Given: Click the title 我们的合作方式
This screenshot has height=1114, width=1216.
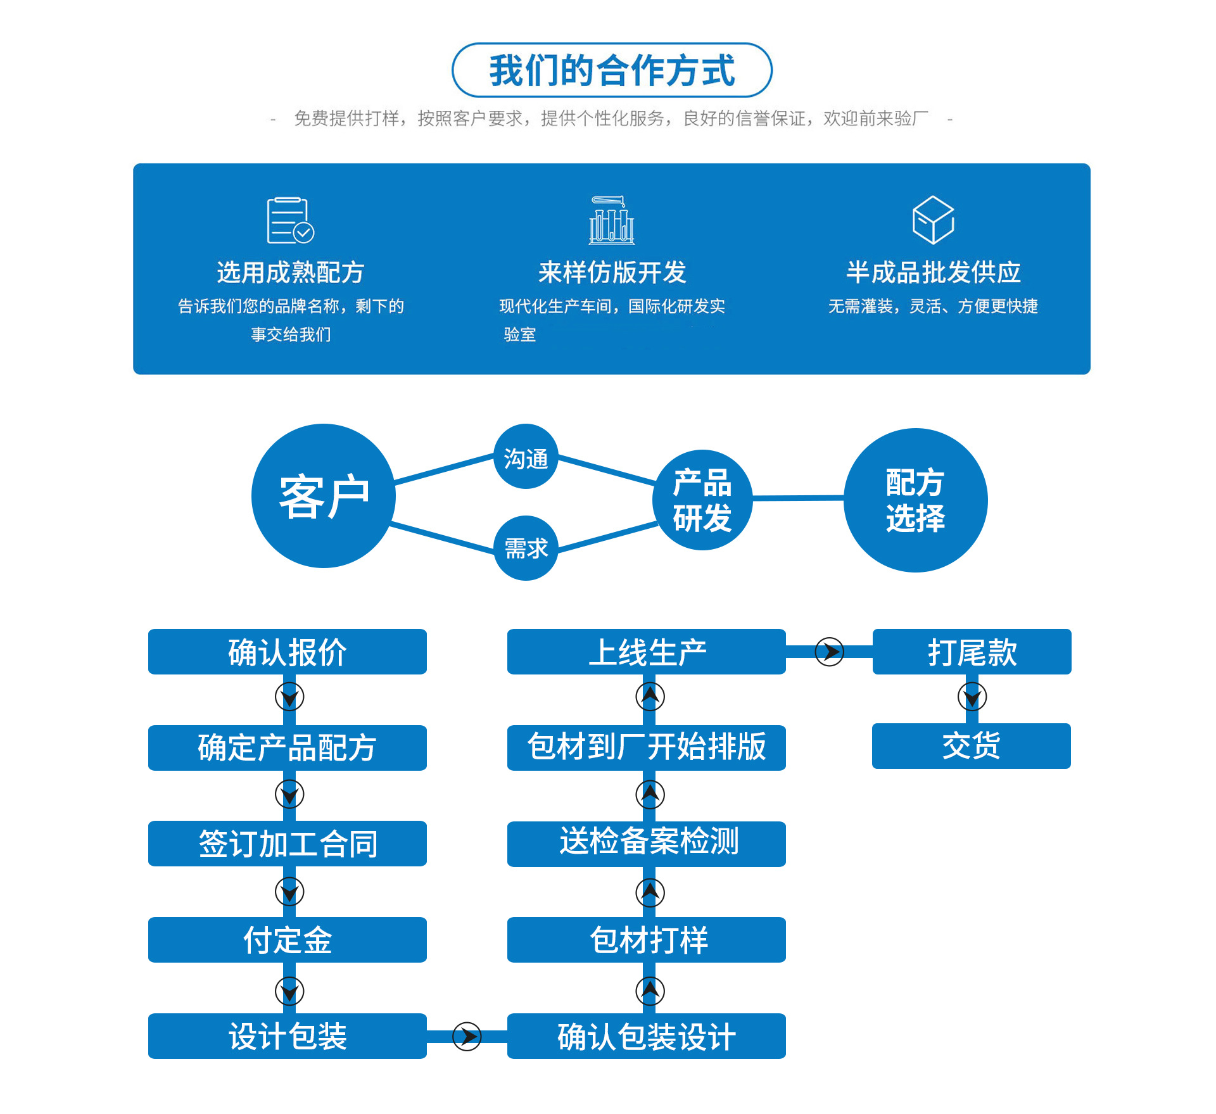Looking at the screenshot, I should [x=612, y=70].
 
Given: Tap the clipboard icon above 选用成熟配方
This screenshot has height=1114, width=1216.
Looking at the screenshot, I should [x=290, y=220].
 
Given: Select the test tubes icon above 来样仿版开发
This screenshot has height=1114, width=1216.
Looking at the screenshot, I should [x=612, y=220].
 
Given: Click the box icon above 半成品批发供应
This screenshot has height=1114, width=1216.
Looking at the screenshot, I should [x=933, y=220].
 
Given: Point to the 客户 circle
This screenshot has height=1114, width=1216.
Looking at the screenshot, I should [x=324, y=496].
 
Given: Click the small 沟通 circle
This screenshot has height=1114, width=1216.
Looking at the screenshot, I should [x=526, y=457].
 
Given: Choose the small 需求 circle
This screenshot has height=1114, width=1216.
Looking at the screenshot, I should [x=526, y=548].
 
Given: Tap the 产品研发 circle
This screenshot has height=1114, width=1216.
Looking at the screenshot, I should [x=702, y=500].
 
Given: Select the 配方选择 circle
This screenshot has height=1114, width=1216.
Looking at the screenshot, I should [x=915, y=500].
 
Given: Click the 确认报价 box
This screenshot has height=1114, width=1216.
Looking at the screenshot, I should [x=288, y=652].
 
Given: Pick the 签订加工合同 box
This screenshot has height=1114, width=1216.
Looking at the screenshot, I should [x=288, y=844].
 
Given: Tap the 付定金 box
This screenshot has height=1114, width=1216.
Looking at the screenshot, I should [x=288, y=940].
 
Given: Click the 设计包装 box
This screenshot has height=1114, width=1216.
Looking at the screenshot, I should [x=288, y=1036].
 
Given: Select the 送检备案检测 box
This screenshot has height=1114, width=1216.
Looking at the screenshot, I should [x=647, y=844].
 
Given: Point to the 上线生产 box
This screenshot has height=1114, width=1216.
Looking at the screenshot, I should [x=647, y=652].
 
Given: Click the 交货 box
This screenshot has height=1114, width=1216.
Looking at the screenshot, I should [x=971, y=746].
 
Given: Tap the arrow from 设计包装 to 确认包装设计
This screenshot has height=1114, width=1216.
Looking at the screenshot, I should [x=467, y=1036].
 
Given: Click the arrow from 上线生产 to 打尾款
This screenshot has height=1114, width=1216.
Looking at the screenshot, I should [x=829, y=652].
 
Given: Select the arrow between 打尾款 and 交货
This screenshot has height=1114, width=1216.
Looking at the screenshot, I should [x=972, y=697].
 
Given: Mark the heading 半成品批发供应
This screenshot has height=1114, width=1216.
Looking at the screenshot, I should [x=933, y=272].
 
